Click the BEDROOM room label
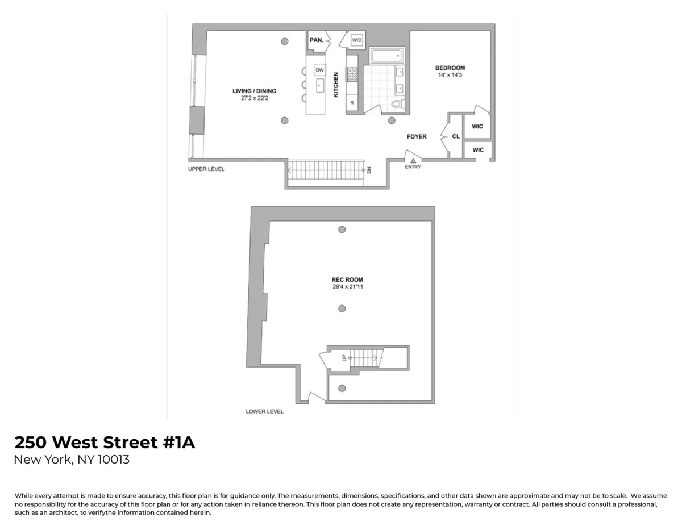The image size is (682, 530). click(450, 68)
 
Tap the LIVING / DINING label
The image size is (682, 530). click(254, 91)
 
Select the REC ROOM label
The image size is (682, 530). click(347, 279)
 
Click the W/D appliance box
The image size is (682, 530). click(356, 40)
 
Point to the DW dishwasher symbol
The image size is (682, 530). click(320, 70)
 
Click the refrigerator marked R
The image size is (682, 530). click(352, 103)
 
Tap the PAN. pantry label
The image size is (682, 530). click(317, 40)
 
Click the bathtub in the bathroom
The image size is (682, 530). click(386, 56)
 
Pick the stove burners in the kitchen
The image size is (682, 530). click(352, 74)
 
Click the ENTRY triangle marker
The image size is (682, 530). click(413, 161)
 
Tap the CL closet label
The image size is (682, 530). click(456, 136)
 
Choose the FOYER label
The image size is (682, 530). click(417, 136)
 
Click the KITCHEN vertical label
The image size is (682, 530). click(336, 84)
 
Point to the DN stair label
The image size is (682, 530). click(369, 169)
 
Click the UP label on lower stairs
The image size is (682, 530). click(344, 358)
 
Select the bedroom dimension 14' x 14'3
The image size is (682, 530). click(450, 75)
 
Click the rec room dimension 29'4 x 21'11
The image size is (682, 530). click(347, 287)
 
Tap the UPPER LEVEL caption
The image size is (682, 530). click(206, 169)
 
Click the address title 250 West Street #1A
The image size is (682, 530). click(105, 443)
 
